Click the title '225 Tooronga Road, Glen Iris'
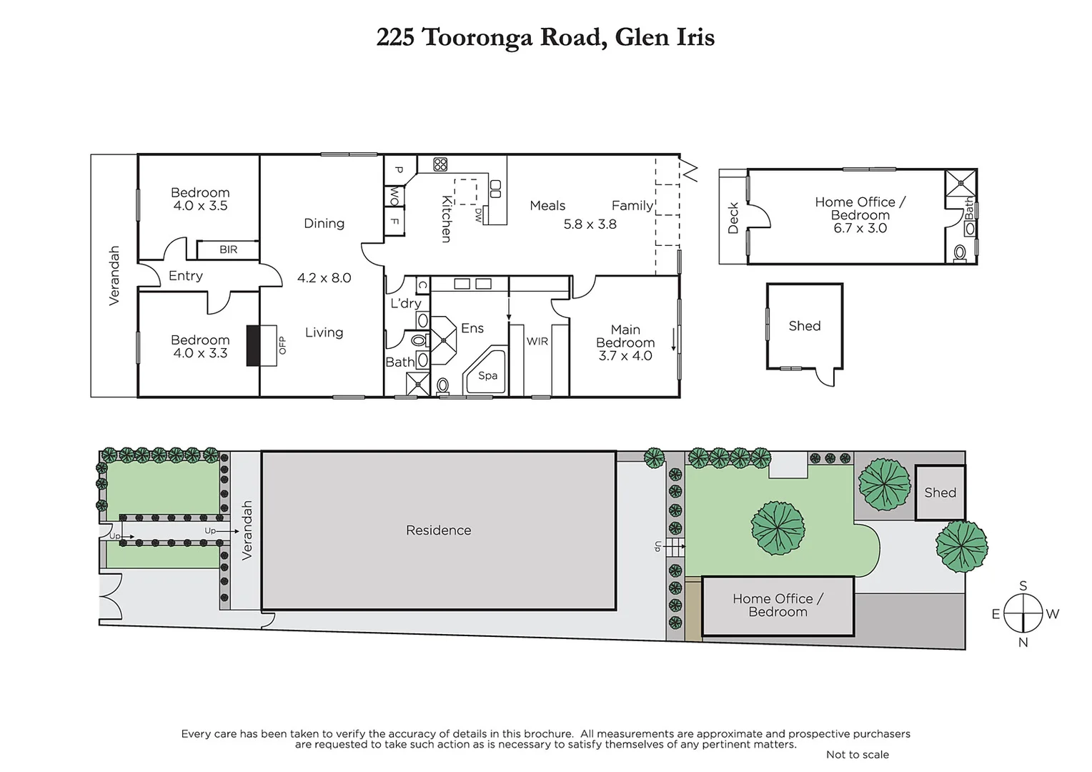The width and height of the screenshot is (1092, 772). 545,37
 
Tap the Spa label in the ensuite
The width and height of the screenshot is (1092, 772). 487,375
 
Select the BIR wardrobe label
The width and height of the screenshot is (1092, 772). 228,249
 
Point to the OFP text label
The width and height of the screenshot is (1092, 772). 282,345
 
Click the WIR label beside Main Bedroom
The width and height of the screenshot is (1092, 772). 537,342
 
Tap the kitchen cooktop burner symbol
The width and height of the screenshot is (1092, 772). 440,164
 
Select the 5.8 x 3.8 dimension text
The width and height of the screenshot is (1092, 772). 590,224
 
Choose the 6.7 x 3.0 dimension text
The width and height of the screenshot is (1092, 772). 860,228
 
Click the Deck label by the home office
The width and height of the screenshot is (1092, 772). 733,218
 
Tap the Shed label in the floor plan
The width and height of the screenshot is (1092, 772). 804,326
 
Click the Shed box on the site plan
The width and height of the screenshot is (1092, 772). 940,493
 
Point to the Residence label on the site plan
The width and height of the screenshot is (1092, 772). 438,530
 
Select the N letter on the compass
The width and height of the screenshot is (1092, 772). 1023,642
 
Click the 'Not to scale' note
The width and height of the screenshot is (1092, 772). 857,754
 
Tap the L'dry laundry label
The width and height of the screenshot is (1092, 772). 405,303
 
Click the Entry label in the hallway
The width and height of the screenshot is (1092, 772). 185,276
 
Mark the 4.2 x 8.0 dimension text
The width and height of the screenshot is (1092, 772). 324,278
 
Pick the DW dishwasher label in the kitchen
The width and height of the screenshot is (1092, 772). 478,215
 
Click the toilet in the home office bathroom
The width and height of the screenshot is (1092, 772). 960,253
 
